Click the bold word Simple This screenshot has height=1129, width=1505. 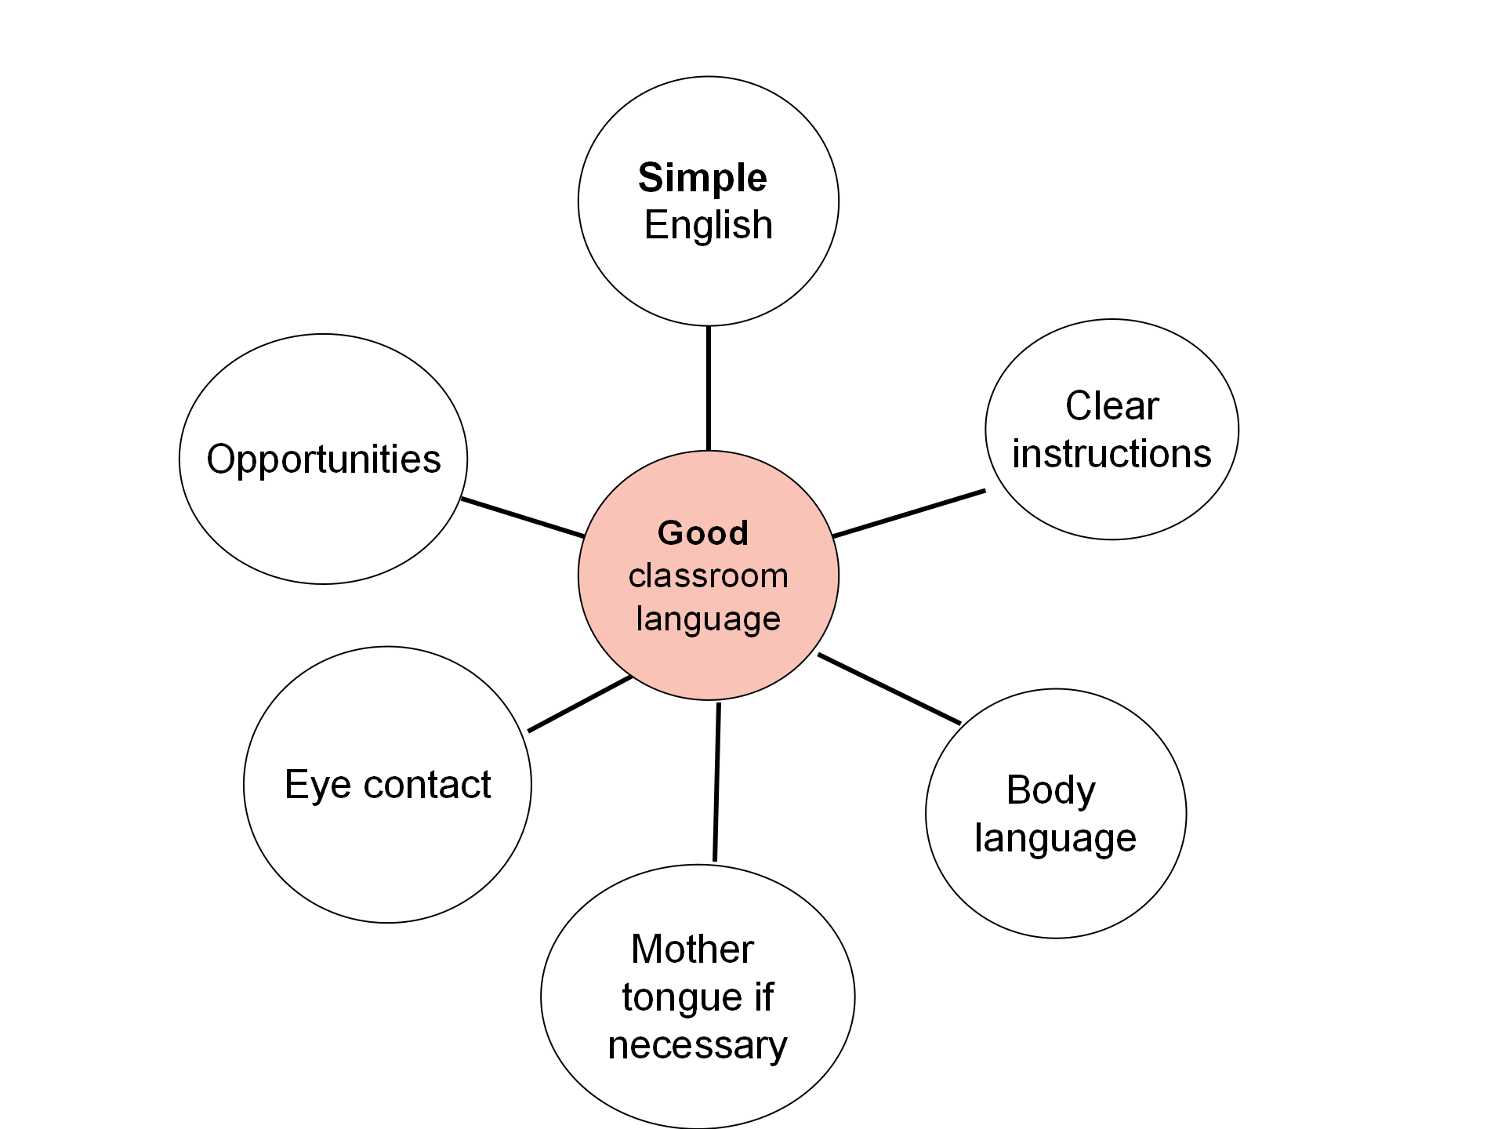point(702,179)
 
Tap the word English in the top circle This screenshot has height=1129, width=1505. point(708,225)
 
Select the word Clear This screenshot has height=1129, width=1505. point(1112,406)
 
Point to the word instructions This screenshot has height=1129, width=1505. point(1112,454)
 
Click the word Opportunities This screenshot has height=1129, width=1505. point(323,459)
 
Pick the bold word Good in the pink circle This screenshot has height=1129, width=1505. point(703,533)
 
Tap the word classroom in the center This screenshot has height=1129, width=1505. point(708,576)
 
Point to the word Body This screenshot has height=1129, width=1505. point(1050,790)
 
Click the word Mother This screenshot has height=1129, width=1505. point(692,949)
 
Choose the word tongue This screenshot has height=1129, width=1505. point(671,998)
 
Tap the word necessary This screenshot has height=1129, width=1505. point(697,1046)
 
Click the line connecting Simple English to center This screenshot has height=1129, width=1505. point(709,388)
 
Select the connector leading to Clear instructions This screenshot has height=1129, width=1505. point(909,514)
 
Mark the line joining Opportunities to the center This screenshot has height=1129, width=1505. point(523,517)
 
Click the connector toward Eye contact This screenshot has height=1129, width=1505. point(580,704)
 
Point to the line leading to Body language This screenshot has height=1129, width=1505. point(889,688)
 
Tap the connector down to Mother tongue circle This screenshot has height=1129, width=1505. point(716,782)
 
